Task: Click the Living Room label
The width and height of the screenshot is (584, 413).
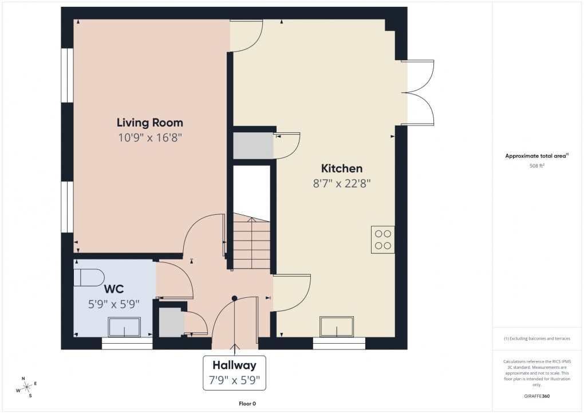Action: pyautogui.click(x=150, y=123)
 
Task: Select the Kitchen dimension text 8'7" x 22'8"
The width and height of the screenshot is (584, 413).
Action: pyautogui.click(x=341, y=183)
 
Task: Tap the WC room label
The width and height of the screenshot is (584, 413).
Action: pyautogui.click(x=113, y=289)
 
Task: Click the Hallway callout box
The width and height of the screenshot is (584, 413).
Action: pyautogui.click(x=234, y=372)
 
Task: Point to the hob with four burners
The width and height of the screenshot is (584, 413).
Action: pyautogui.click(x=382, y=239)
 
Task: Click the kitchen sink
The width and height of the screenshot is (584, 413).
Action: pyautogui.click(x=337, y=327)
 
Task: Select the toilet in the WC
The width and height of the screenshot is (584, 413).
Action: pyautogui.click(x=88, y=277)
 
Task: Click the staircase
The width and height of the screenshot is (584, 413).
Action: pyautogui.click(x=251, y=243)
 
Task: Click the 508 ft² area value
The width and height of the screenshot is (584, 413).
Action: pyautogui.click(x=536, y=166)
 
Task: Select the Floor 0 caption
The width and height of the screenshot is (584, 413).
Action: pyautogui.click(x=247, y=404)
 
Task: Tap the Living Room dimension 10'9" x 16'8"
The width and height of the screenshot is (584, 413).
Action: pyautogui.click(x=150, y=137)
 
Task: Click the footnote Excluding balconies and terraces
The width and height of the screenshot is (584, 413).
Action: pyautogui.click(x=537, y=339)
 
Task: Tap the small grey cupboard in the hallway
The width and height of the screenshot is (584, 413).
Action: pyautogui.click(x=170, y=323)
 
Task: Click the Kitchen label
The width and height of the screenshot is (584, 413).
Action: pyautogui.click(x=341, y=168)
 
